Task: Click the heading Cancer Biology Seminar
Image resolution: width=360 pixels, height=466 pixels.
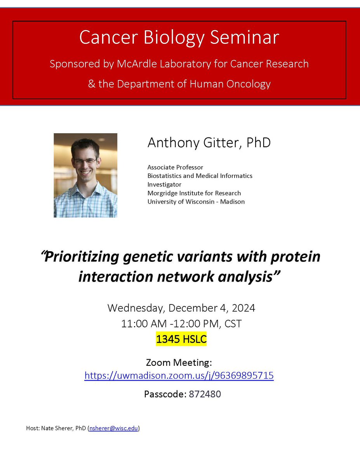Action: click(x=179, y=38)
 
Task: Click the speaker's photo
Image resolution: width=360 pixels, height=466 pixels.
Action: click(x=85, y=175)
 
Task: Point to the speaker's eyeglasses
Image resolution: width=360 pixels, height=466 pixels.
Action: click(x=85, y=160)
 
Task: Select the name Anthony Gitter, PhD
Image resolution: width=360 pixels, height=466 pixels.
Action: click(x=209, y=143)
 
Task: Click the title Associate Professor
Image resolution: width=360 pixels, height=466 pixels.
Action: click(x=175, y=167)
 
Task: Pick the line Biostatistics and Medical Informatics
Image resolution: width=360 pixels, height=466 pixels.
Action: click(x=200, y=176)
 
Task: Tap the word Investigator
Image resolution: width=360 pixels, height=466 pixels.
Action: click(x=164, y=184)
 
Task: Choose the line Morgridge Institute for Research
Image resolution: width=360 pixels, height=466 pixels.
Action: click(x=194, y=193)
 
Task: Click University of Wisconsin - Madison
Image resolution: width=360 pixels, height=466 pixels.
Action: click(x=196, y=202)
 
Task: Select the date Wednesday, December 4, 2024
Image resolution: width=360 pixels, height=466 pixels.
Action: click(x=181, y=308)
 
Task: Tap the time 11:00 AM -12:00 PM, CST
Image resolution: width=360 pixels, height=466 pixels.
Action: click(x=181, y=324)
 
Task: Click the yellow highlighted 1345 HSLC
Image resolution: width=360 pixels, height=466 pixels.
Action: click(x=181, y=339)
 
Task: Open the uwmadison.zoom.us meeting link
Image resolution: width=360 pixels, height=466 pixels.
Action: click(x=179, y=376)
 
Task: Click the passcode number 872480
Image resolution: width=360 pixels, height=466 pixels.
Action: click(x=205, y=394)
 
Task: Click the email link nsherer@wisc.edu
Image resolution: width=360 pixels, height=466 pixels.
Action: click(x=113, y=428)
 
